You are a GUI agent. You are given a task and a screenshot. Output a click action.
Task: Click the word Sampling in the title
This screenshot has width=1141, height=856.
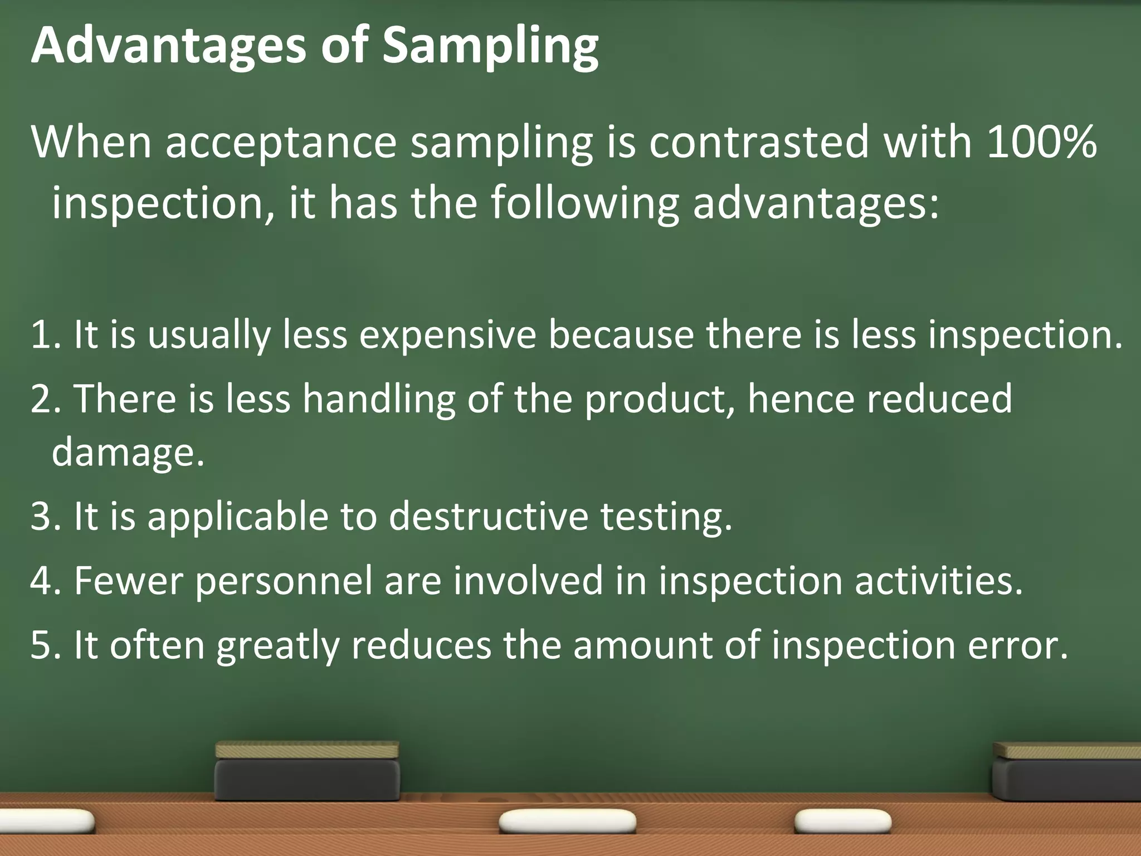point(490,47)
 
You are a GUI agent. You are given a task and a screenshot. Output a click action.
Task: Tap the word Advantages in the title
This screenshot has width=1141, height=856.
point(168,47)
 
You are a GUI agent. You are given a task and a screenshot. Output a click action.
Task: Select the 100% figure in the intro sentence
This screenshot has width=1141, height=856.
point(1041,142)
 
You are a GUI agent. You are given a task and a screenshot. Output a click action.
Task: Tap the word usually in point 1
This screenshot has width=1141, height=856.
point(208,335)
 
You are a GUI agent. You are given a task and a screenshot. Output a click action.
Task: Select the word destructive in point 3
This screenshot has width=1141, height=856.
point(488,516)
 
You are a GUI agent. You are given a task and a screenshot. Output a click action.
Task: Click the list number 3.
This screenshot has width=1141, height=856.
point(42,516)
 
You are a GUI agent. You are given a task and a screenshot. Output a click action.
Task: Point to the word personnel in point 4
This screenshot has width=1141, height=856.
point(284,581)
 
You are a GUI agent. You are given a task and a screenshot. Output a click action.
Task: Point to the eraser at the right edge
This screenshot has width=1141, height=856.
point(1066,772)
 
